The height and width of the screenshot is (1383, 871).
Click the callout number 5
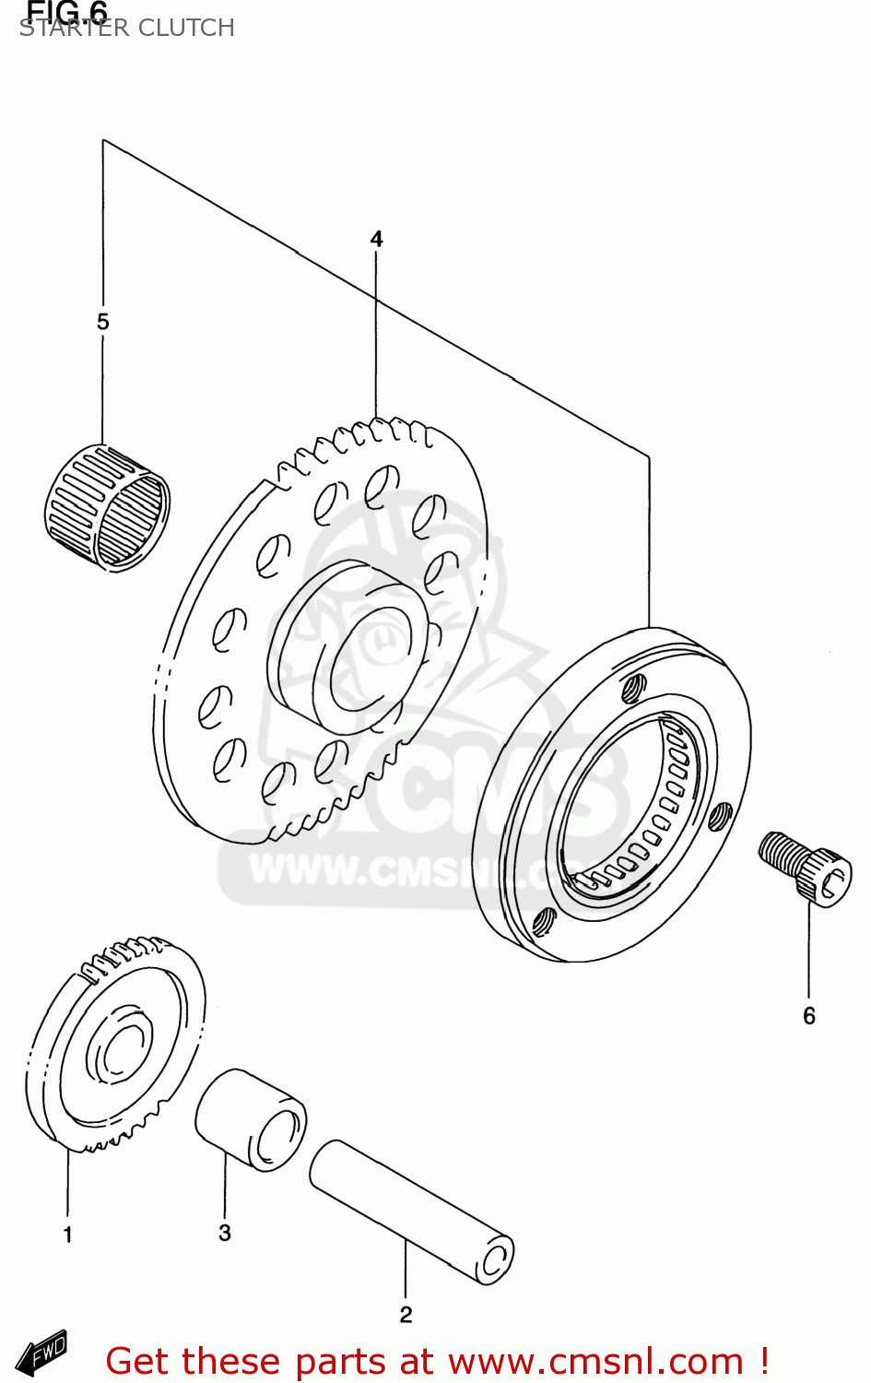coord(102,322)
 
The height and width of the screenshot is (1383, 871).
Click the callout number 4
coord(376,239)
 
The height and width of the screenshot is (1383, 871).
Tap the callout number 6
coord(808,1016)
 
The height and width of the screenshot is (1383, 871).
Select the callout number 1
coord(67,1235)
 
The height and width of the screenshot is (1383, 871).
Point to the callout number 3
coord(225,1234)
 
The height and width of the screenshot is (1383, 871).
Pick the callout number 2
coord(406,1315)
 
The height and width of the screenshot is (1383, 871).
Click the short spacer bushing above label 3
coord(251,1119)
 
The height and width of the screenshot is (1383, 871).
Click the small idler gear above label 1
coord(115,1046)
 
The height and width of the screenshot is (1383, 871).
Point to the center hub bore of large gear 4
coord(363,658)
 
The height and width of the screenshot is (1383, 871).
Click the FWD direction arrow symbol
coord(42,1353)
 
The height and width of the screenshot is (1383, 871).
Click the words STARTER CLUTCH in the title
coord(127,29)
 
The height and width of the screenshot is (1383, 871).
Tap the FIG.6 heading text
coord(67,10)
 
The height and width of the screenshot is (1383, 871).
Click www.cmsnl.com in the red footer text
coord(595,1362)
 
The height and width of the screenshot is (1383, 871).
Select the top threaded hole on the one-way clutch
coord(632,687)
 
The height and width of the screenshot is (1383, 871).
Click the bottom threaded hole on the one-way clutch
coord(544,921)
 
